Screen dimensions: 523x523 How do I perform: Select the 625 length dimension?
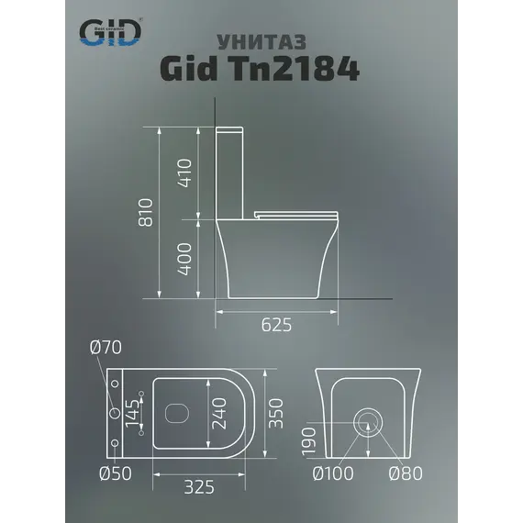click(x=275, y=324)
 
